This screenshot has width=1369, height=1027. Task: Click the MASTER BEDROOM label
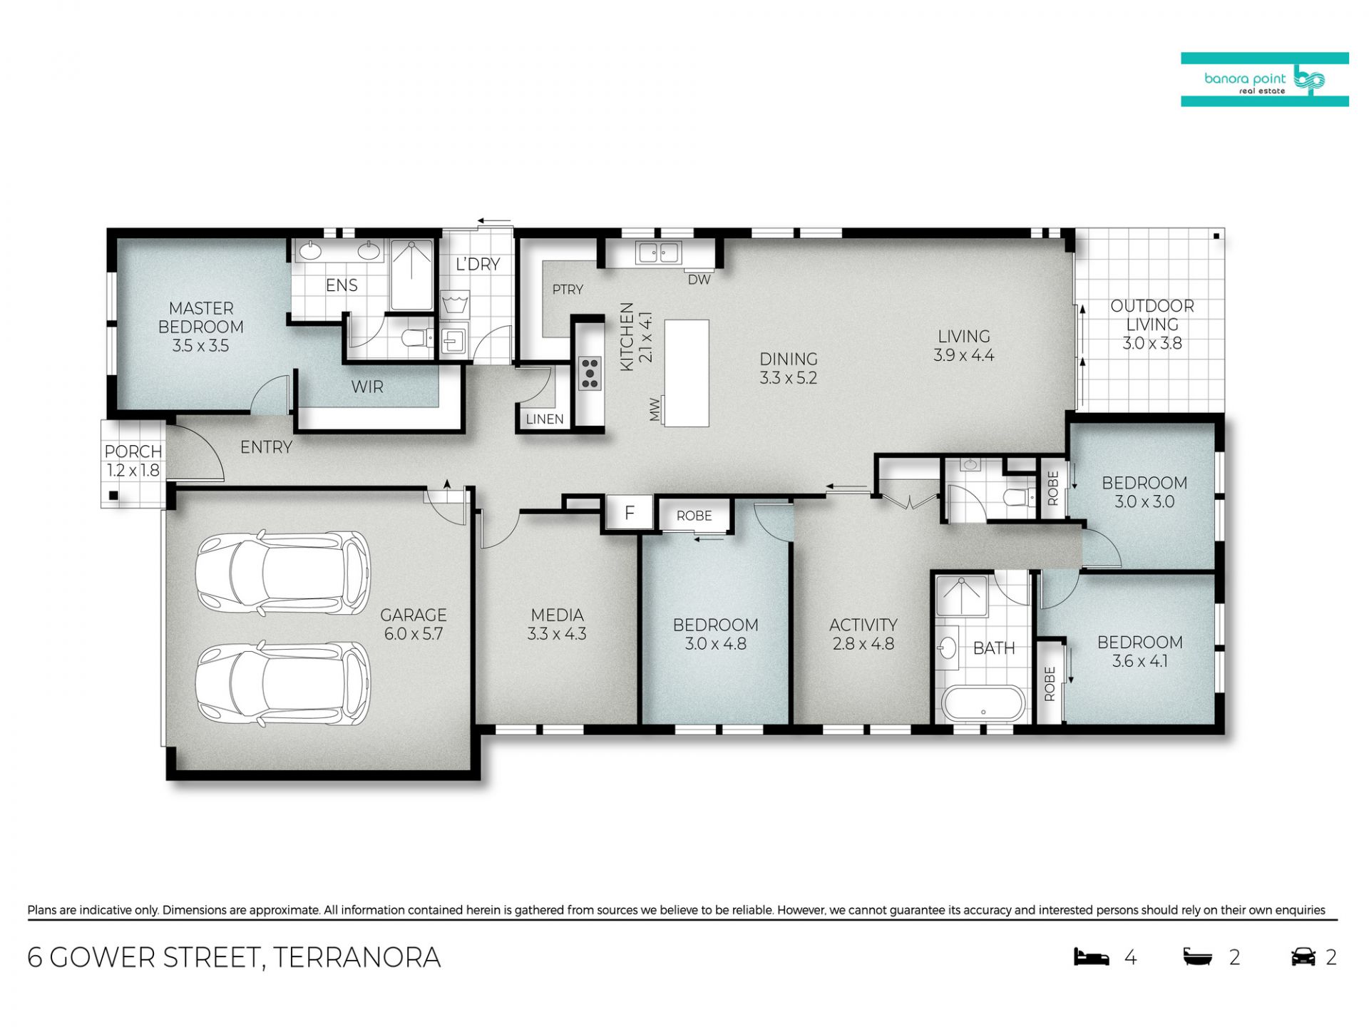201,318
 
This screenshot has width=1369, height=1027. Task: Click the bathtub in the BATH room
983,703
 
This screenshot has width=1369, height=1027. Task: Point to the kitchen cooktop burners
590,374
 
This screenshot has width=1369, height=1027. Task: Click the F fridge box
630,512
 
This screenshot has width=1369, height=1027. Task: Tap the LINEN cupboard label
545,419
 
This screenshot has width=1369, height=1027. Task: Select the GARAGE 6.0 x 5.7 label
414,624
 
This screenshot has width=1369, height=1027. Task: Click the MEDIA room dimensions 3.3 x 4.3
557,633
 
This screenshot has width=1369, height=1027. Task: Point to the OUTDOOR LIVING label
1152,315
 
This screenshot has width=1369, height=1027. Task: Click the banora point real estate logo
1265,80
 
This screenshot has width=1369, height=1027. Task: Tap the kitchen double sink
659,252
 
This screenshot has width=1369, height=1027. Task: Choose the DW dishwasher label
699,280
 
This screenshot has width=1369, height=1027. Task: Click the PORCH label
133,451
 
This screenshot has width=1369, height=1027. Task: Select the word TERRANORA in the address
357,957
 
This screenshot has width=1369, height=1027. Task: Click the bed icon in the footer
1092,956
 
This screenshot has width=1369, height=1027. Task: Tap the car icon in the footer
1303,956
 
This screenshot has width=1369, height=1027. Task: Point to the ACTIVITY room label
863,625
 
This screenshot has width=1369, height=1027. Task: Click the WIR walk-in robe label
367,387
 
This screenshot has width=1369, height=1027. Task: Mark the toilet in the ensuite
416,337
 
